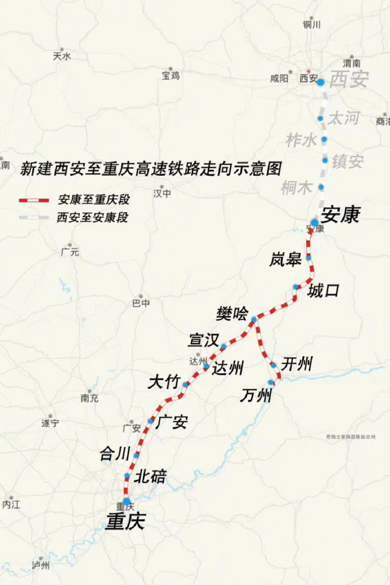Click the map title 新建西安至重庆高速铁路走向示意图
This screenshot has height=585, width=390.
point(151,168)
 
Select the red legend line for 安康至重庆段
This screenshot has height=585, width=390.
point(33,200)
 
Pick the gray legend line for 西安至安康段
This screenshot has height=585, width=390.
point(33,218)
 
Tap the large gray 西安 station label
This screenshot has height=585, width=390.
point(349,80)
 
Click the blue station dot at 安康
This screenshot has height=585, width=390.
point(315,223)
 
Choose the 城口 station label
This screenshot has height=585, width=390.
point(323,290)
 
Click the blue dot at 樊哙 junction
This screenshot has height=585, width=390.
point(254,319)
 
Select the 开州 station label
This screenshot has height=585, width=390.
point(297,364)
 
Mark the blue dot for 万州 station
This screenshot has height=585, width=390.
point(271,383)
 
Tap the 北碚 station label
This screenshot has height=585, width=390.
point(150,477)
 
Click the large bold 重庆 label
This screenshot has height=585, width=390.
point(125,521)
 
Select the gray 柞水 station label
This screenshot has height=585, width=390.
point(301,140)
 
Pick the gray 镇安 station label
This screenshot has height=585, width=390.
point(348,161)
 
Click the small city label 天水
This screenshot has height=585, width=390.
point(63,56)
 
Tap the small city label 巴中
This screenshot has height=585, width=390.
point(141,303)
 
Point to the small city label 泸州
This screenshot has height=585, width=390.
point(41,565)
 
